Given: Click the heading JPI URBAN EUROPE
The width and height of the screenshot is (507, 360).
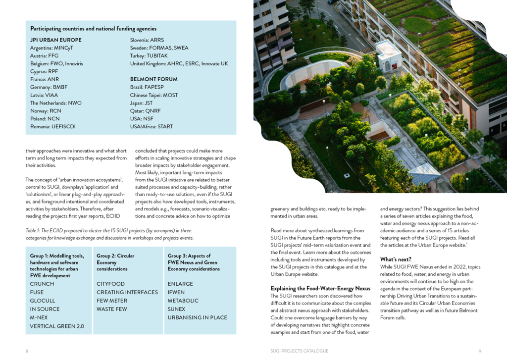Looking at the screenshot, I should click(56, 40).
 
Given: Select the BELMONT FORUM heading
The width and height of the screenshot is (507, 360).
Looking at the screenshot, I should click(153, 79).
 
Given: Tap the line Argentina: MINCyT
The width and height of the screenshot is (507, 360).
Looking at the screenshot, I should click(51, 48).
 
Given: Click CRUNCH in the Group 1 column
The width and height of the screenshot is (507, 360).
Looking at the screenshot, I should click(42, 284).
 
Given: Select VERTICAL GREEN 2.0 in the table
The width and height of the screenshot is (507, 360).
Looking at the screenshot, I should click(57, 326).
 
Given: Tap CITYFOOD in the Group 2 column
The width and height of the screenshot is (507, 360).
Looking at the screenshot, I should click(111, 284).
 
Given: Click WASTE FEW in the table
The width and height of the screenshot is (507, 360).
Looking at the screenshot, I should click(112, 309).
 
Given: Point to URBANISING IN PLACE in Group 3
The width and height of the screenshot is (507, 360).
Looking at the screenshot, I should click(198, 317).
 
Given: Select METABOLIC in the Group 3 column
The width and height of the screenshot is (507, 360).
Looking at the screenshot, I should click(183, 301).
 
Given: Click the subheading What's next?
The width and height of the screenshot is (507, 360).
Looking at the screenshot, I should click(396, 259).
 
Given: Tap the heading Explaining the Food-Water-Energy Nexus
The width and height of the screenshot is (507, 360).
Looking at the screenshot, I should click(320, 289).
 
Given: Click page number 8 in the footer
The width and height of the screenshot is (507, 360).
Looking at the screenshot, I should click(27, 351).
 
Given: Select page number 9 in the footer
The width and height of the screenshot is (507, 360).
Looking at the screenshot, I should click(480, 351).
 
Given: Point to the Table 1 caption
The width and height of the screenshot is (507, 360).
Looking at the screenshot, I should click(108, 234).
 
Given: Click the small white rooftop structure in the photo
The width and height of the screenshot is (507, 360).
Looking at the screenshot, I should click(388, 55).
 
